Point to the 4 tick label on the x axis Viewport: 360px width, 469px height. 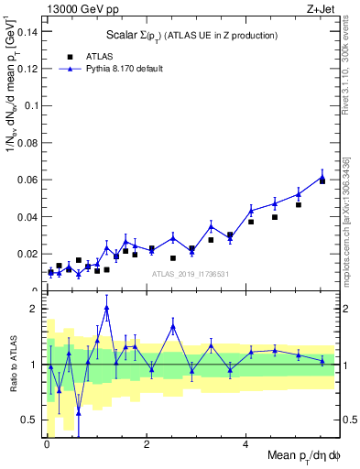pyautogui.click(x=245, y=446)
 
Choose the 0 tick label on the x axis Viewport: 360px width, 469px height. pyautogui.click(x=47, y=446)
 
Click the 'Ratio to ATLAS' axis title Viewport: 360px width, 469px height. pyautogui.click(x=12, y=365)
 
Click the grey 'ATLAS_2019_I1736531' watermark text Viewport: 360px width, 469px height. pyautogui.click(x=191, y=274)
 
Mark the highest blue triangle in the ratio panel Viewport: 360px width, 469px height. pyautogui.click(x=107, y=308)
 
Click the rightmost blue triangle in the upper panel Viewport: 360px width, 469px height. pyautogui.click(x=322, y=177)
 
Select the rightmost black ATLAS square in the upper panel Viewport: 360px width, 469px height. pyautogui.click(x=322, y=180)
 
